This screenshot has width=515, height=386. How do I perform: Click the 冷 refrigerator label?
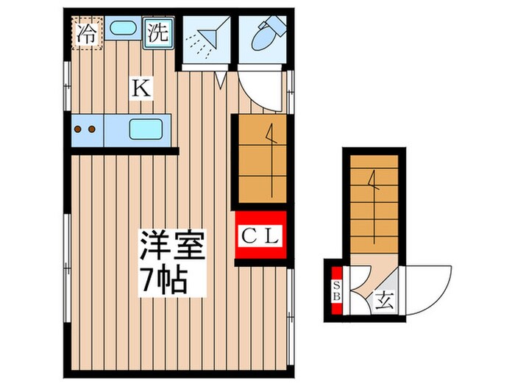pos(87,32)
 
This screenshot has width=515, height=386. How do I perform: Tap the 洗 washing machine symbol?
pos(158,32)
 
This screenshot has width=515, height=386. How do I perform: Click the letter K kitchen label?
pos(141,89)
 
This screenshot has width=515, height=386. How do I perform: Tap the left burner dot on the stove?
pos(79,129)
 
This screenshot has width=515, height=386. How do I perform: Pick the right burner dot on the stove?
pos(92,129)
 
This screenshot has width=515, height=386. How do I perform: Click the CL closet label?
pos(260,236)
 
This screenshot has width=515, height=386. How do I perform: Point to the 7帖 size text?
pos(165,279)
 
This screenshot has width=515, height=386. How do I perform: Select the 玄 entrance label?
pos(383,299)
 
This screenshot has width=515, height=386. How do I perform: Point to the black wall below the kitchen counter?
pos(125,151)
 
